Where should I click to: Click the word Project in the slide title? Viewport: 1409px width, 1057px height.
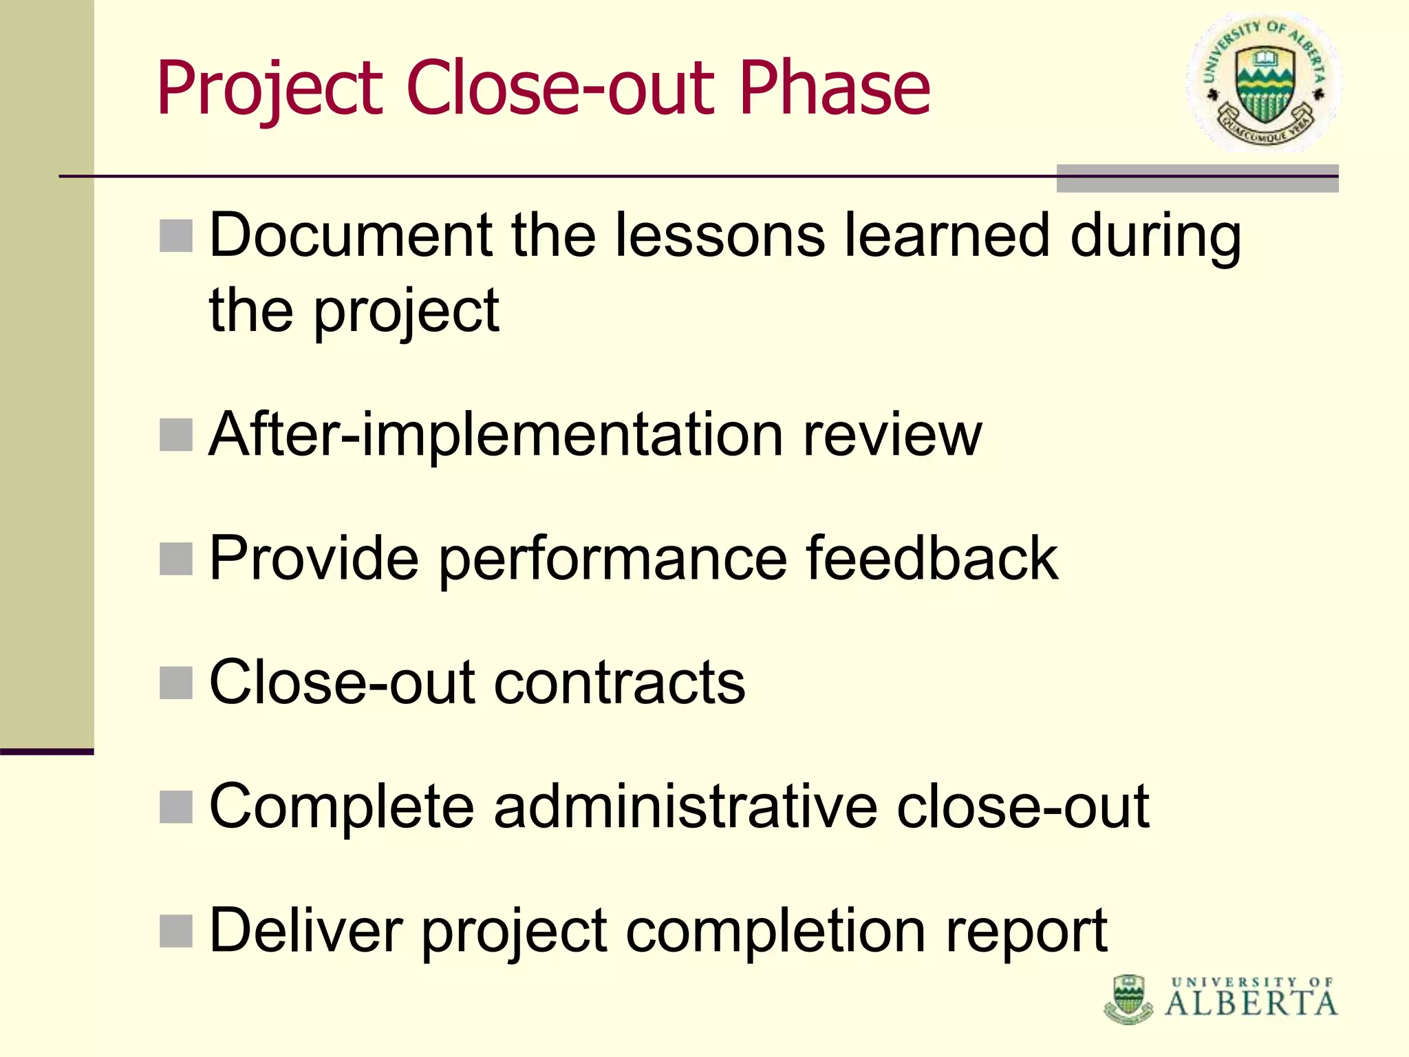[269, 89]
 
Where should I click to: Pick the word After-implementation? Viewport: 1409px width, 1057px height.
[495, 435]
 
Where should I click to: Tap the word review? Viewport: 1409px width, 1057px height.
[892, 435]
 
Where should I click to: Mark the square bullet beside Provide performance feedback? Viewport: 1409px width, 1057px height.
[175, 558]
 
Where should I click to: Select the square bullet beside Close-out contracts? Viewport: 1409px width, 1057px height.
[175, 683]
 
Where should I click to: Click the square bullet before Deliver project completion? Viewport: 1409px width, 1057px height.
[175, 930]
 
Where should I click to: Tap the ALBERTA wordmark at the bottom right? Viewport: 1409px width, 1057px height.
[1251, 1003]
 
